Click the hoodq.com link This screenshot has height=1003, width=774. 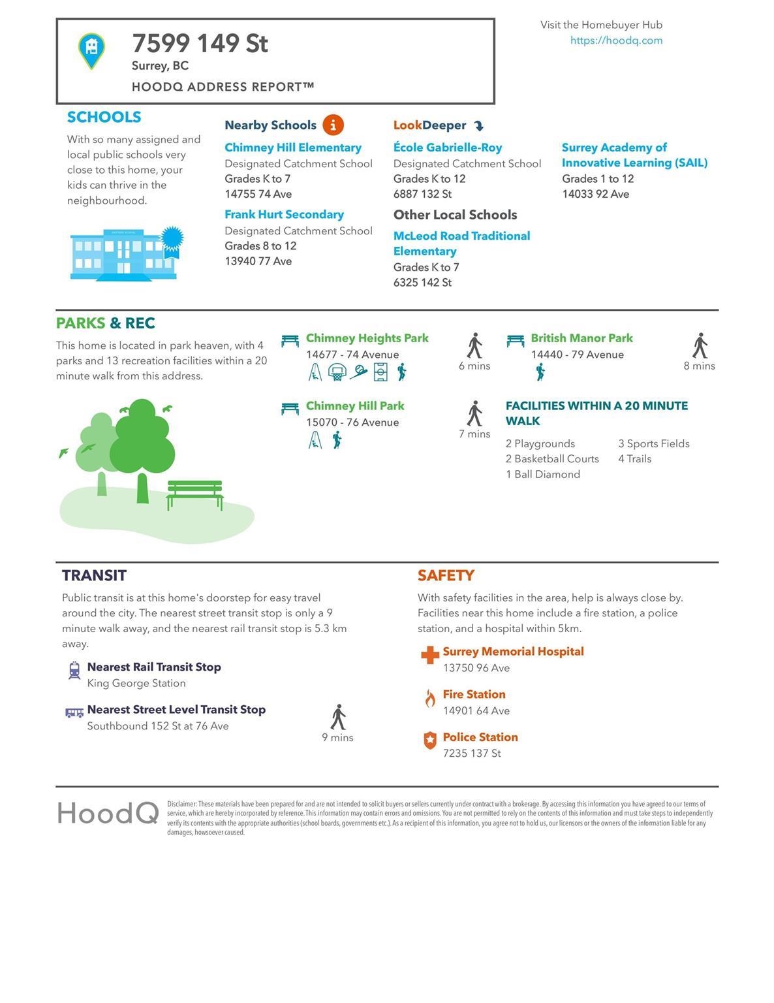click(616, 40)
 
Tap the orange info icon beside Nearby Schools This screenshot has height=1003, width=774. click(333, 125)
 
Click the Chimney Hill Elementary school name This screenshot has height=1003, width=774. click(293, 148)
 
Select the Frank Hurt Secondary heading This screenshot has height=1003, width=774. click(284, 214)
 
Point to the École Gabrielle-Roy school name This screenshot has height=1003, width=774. click(448, 148)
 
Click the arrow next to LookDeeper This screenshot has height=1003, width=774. click(478, 125)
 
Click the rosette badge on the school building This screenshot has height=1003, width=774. click(172, 240)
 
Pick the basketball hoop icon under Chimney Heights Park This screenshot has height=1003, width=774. click(337, 372)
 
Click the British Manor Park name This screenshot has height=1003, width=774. click(581, 338)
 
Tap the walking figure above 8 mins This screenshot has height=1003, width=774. click(700, 345)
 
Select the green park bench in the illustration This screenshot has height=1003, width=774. click(194, 494)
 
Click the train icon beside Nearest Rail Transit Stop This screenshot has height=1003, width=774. click(74, 671)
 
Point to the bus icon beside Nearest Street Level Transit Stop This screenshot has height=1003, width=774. click(74, 712)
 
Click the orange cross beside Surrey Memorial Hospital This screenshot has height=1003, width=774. click(429, 655)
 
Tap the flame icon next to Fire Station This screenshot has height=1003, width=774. click(429, 699)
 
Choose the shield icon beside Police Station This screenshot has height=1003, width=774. click(429, 740)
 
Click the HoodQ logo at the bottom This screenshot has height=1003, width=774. click(108, 813)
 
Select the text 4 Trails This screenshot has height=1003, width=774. click(634, 459)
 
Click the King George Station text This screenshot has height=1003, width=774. click(136, 683)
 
